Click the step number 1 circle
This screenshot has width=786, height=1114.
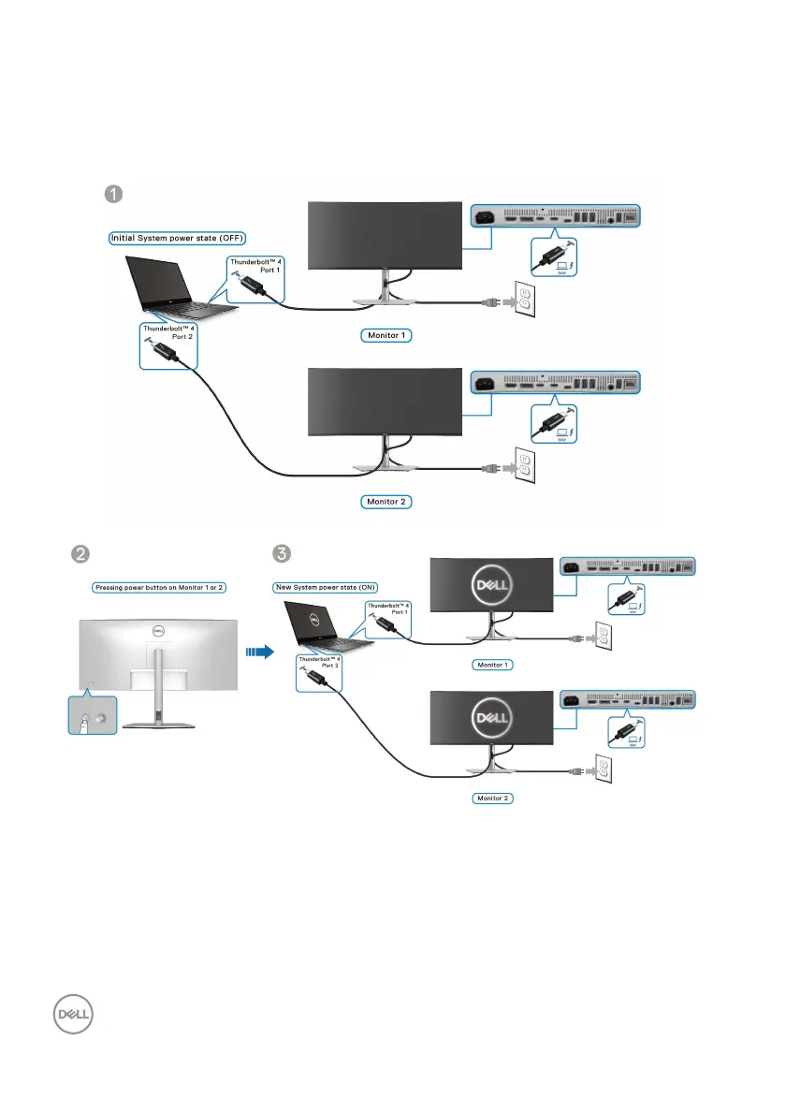pyautogui.click(x=112, y=194)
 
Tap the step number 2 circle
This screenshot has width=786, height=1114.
pyautogui.click(x=82, y=553)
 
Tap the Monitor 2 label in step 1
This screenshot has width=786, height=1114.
pyautogui.click(x=386, y=502)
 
